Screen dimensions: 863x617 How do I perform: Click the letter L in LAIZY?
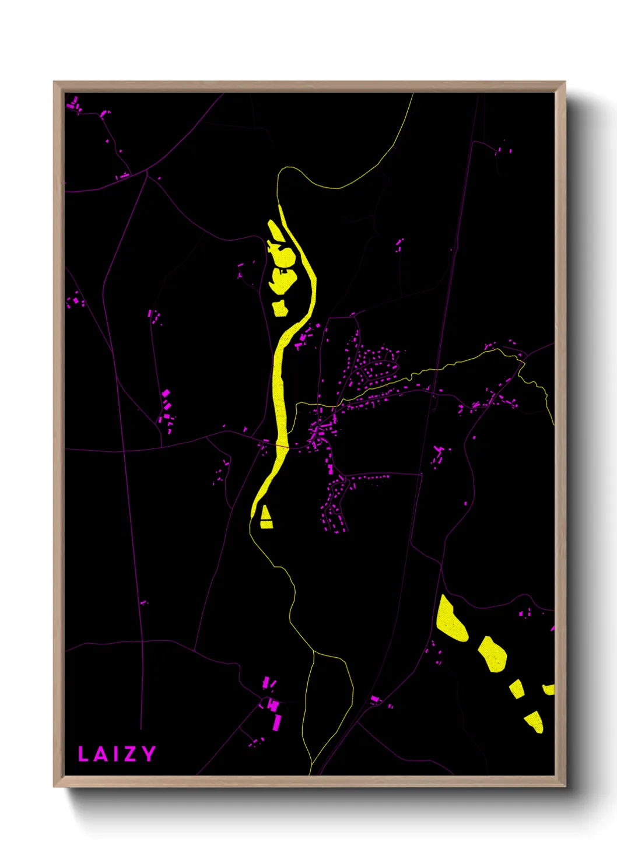(83, 754)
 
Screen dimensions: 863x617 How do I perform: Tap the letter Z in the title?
(129, 754)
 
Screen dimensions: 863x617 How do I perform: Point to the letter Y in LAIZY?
(148, 753)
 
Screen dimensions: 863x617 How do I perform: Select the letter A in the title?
(100, 754)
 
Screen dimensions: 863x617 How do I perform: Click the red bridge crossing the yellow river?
(279, 447)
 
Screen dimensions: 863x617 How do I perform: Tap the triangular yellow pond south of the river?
(266, 518)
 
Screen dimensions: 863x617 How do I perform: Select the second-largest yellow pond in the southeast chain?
(493, 654)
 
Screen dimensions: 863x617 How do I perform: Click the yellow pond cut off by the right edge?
(549, 689)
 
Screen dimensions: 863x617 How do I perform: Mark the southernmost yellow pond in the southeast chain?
(535, 722)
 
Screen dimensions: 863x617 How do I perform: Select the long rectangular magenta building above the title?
(277, 722)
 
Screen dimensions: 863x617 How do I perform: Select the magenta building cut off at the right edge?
(552, 629)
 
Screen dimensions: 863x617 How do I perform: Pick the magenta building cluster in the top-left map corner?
(74, 106)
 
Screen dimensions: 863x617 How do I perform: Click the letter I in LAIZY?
(115, 754)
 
